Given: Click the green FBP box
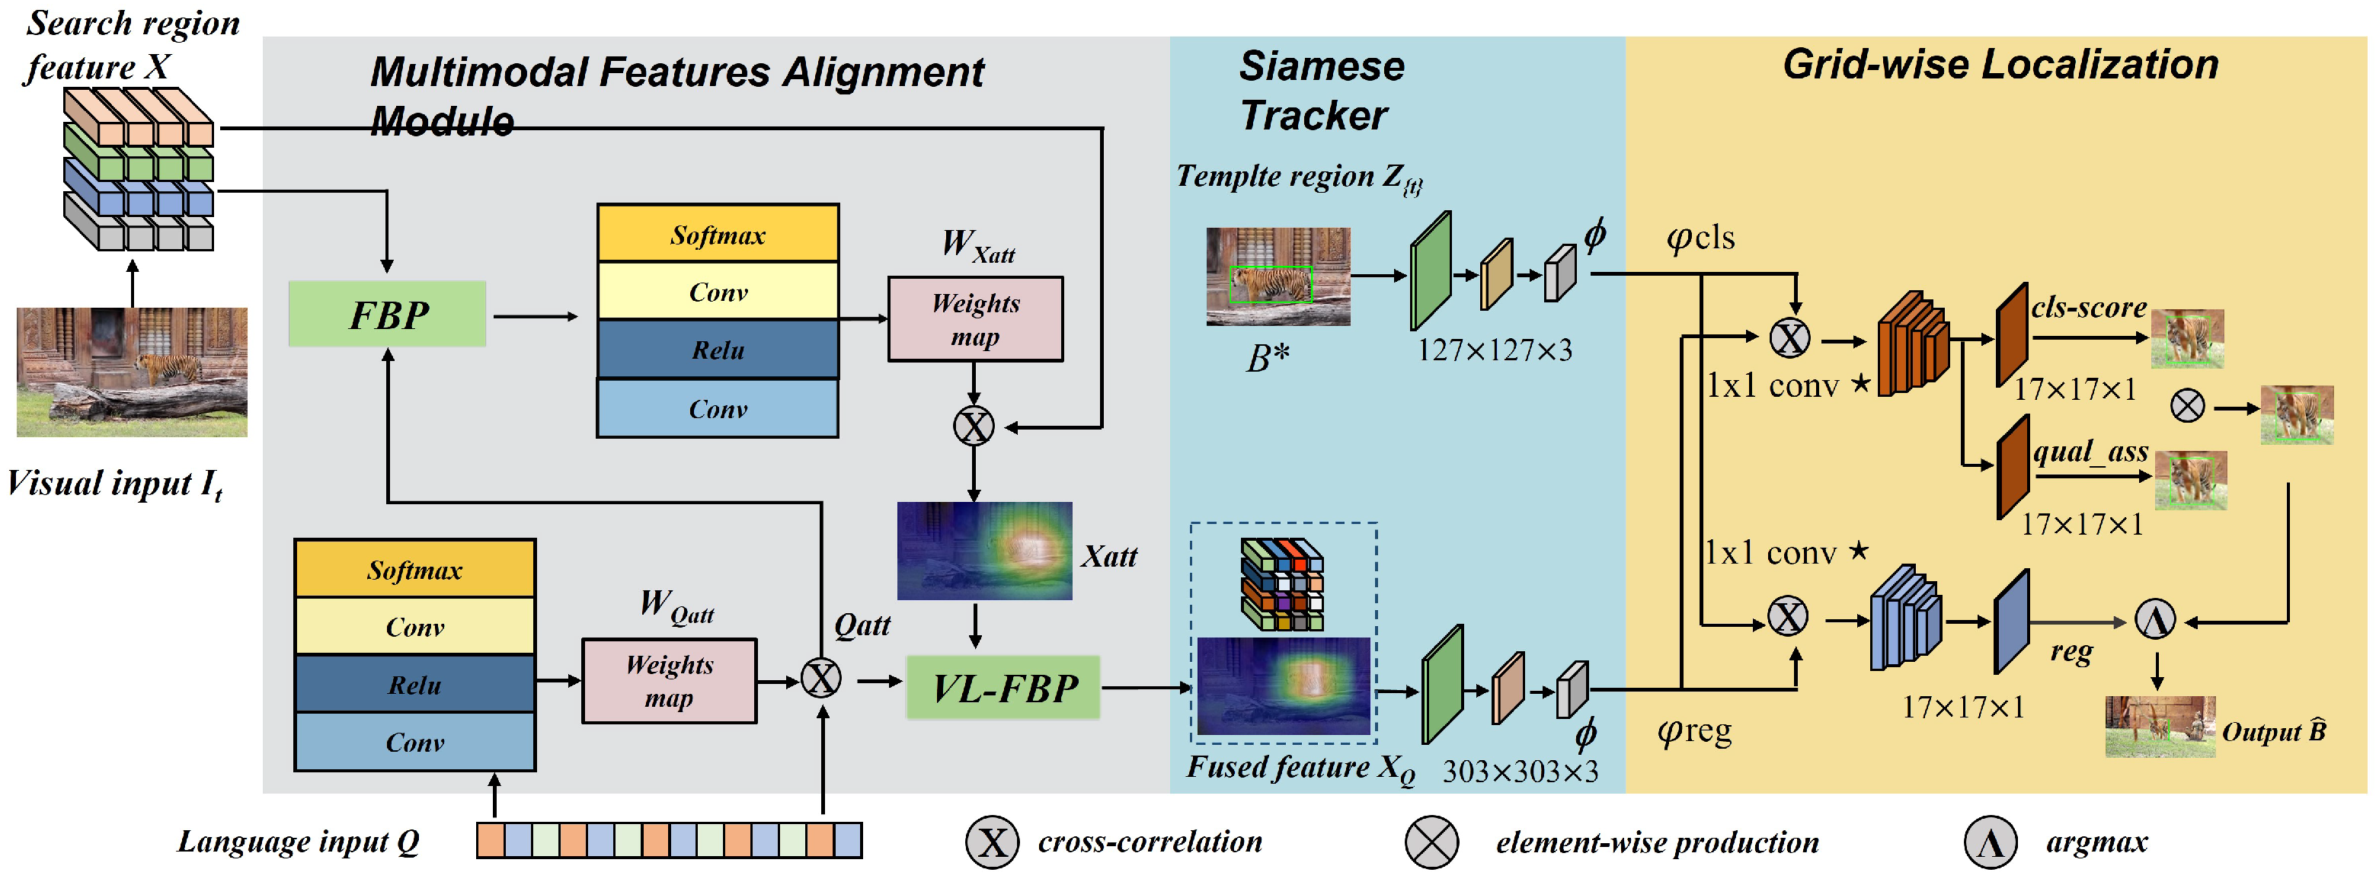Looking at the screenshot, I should click(388, 315).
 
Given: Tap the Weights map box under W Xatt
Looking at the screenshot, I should click(975, 319).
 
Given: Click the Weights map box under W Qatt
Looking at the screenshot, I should click(669, 681).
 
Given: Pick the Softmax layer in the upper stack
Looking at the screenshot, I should click(718, 235).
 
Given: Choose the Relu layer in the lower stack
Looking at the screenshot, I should click(414, 685).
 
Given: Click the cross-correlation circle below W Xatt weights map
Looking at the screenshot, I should click(973, 427).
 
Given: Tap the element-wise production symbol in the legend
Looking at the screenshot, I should click(1431, 842).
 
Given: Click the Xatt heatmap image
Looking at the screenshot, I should click(984, 551).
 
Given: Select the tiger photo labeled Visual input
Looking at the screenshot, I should click(132, 372).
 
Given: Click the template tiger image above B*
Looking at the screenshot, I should click(1278, 276).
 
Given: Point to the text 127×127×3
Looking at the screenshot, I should click(1493, 350).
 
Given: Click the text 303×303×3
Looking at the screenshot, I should click(1519, 772).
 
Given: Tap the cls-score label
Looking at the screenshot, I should click(2087, 307).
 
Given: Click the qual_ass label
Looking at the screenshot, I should click(2090, 452).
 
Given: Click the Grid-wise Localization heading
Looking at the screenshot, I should click(2000, 65).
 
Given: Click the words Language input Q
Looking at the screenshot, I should click(298, 842).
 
